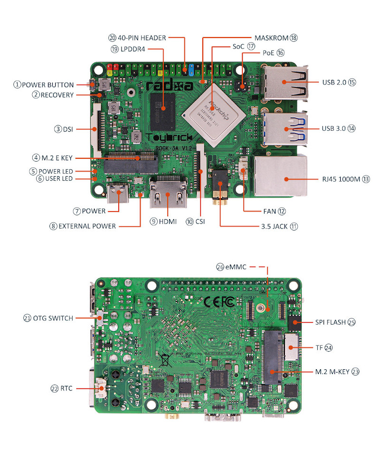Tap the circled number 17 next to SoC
click(x=251, y=47)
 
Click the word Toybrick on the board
click(x=170, y=138)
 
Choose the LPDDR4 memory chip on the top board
click(x=163, y=108)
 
